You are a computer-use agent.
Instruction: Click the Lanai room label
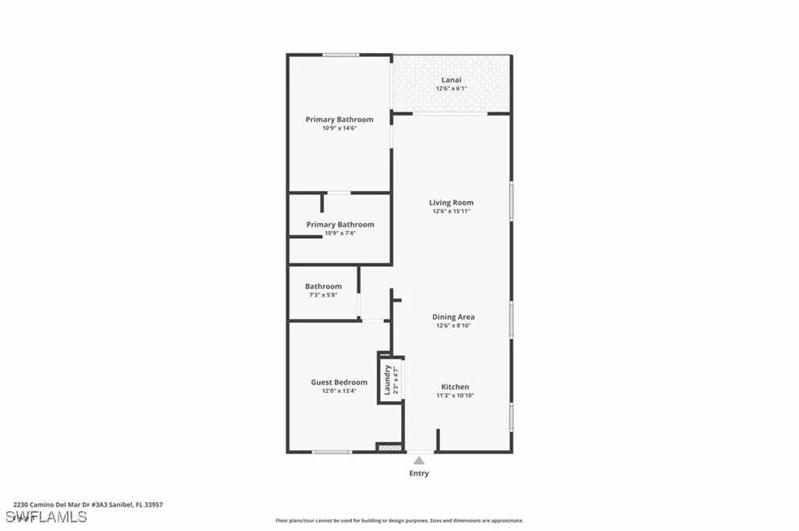click(x=451, y=80)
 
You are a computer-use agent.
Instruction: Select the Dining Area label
click(x=453, y=317)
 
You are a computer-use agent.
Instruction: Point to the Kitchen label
click(x=455, y=387)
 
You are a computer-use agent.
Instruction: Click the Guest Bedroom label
click(x=339, y=382)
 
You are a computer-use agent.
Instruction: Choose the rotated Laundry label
click(x=386, y=380)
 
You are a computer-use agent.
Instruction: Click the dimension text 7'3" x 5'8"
click(x=323, y=296)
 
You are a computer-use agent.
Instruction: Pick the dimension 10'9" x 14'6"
click(x=339, y=129)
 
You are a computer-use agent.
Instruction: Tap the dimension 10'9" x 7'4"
click(x=339, y=233)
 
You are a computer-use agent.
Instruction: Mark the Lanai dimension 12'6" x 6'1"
click(x=451, y=89)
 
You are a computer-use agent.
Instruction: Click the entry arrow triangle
click(x=419, y=461)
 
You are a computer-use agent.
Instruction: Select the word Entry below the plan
click(x=419, y=473)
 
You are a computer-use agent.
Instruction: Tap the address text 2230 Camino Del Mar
click(x=87, y=504)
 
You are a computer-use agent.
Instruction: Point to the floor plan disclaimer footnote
click(x=399, y=521)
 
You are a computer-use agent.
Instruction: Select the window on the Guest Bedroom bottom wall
click(x=332, y=451)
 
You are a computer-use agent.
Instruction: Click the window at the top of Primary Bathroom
click(x=341, y=55)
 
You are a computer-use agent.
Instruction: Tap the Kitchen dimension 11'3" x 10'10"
click(x=455, y=395)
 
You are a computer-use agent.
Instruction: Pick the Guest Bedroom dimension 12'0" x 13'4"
click(x=339, y=391)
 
